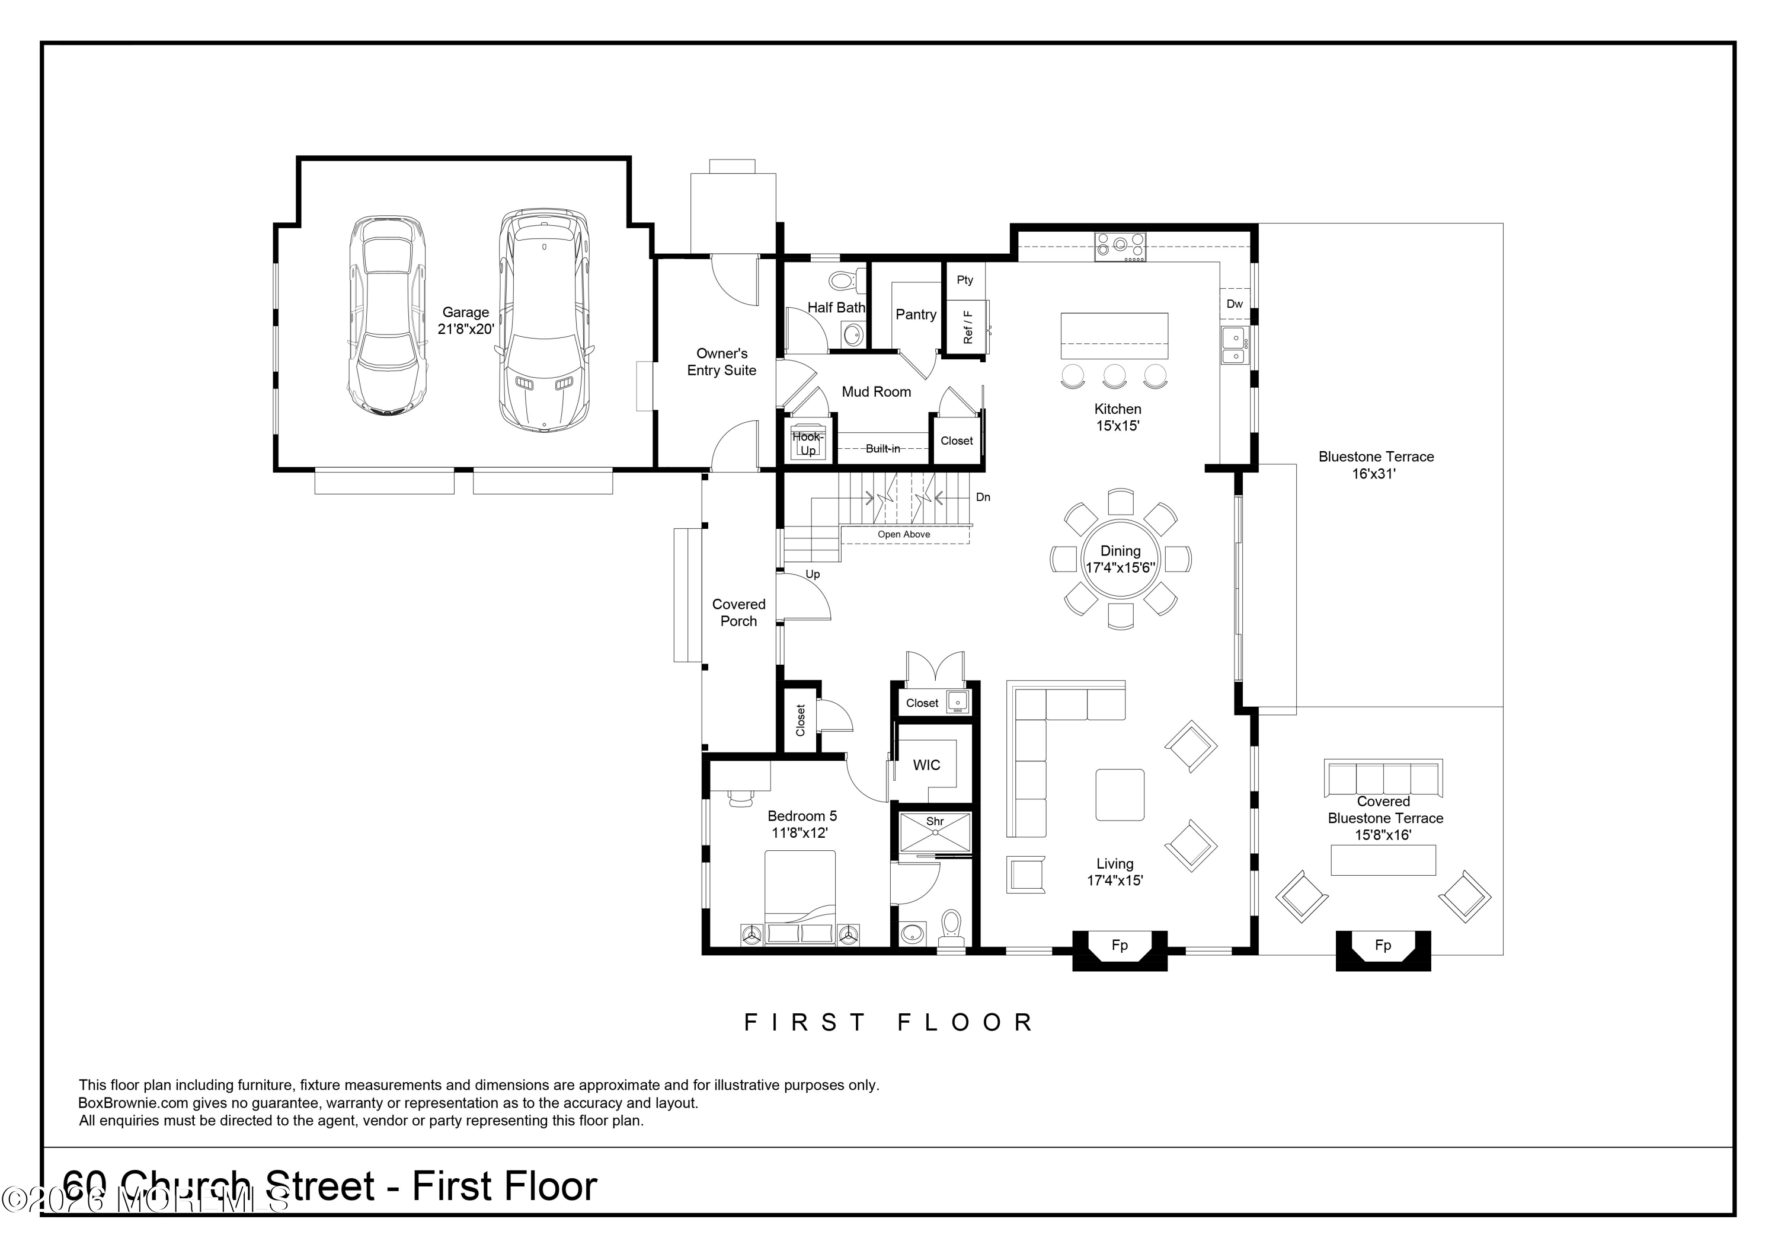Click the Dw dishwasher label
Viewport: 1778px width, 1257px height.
(1235, 304)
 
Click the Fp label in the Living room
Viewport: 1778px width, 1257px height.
(1120, 945)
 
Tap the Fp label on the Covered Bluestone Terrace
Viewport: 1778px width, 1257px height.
(1383, 945)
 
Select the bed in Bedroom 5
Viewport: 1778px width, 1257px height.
(800, 898)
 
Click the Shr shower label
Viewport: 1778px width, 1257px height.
(935, 822)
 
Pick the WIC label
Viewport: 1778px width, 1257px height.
(926, 765)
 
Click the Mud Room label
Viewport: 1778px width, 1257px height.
(877, 392)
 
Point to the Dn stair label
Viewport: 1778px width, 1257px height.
(983, 497)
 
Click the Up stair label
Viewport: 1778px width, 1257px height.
(813, 575)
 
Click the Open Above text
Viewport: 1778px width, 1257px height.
(904, 534)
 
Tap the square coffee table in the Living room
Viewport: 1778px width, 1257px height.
(1120, 795)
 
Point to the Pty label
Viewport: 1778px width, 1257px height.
(965, 280)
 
